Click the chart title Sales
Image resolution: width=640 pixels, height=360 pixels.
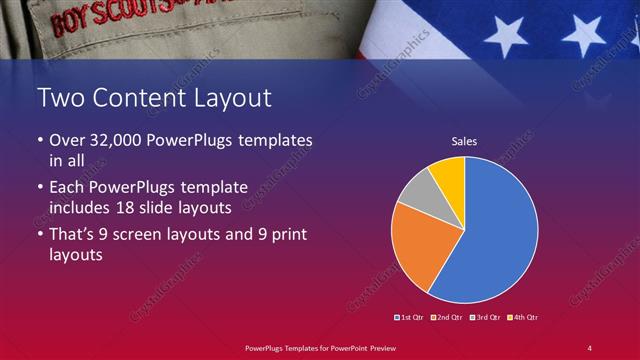click(x=465, y=142)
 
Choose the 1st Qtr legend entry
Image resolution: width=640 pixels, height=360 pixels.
click(x=411, y=317)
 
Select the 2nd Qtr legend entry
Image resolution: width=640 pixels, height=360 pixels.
click(x=446, y=317)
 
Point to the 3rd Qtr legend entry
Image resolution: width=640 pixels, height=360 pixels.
click(x=484, y=317)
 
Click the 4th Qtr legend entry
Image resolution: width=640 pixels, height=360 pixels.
click(x=522, y=317)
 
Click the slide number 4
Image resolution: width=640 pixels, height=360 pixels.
click(x=590, y=347)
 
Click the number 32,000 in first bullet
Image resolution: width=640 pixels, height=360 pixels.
click(x=112, y=140)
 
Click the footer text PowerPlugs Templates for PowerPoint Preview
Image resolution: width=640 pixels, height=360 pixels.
click(x=320, y=347)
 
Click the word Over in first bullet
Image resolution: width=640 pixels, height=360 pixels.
click(x=67, y=140)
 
